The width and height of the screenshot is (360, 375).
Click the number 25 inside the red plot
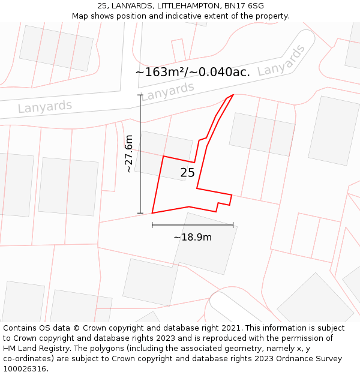tap(187, 173)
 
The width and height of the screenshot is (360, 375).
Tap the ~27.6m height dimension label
tap(128, 154)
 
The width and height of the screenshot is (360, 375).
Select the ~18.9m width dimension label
tap(193, 237)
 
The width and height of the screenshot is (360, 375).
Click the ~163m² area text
tap(161, 73)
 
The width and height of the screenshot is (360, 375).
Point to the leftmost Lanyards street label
tap(45, 107)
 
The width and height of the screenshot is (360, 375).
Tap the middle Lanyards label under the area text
tap(167, 91)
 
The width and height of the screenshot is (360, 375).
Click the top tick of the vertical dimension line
tap(140, 95)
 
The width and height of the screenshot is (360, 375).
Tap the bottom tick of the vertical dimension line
tap(140, 213)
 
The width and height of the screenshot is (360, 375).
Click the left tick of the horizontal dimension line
tap(152, 225)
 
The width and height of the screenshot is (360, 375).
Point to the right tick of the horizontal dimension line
tap(233, 225)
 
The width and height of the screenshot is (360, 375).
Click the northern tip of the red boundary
tap(233, 95)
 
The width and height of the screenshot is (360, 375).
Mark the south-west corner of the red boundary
tap(152, 212)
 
